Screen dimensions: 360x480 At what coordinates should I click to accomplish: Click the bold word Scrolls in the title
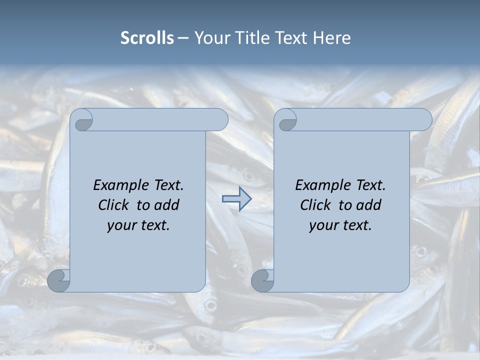[147, 37]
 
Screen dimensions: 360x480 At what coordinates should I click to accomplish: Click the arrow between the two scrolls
[236, 199]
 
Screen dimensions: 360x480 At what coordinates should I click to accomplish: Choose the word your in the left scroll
[120, 225]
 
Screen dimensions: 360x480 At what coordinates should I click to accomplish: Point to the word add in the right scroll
[369, 205]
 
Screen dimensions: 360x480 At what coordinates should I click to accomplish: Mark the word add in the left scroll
[167, 205]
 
